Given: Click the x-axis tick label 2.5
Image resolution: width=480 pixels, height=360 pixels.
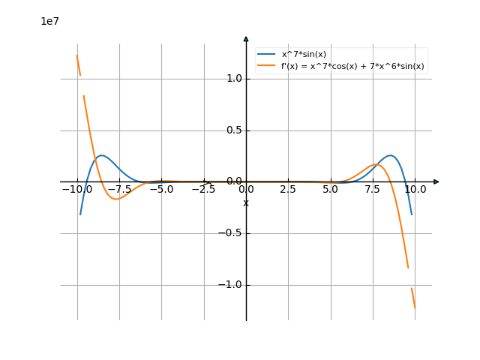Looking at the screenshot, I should pos(287,190).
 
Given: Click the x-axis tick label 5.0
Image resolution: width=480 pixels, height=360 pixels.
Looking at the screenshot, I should pos(330,190).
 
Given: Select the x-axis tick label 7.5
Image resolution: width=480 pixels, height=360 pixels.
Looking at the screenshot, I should pos(372,190).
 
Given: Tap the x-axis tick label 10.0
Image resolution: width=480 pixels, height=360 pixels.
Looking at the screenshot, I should pos(415,190).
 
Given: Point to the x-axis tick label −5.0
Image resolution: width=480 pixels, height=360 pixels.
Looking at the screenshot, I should pos(161,190).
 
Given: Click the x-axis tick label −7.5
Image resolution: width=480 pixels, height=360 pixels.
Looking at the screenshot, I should pos(119,190).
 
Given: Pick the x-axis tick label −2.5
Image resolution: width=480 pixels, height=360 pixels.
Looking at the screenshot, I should pos(203,190).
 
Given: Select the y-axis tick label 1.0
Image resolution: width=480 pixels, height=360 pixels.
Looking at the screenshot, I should pos(234,79).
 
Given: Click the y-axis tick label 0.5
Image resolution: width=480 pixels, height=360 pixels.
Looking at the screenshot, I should pos(234,130).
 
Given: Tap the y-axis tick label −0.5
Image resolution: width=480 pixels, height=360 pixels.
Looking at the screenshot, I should pos(231,233).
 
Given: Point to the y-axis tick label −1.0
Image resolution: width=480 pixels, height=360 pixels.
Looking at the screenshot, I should pos(231,285).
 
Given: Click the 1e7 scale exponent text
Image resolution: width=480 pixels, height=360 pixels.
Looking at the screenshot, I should pos(49,22).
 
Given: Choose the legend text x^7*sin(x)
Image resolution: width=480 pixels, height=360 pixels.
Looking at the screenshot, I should pos(304,54).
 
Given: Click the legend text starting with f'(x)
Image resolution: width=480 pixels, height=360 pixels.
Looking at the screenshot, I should pos(352,66).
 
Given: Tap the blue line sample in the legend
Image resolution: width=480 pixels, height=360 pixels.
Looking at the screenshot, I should pos(267,54).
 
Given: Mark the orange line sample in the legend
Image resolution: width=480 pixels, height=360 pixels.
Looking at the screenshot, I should pos(267,66).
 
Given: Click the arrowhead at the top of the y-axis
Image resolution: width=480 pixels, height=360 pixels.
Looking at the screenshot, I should pos(246,37).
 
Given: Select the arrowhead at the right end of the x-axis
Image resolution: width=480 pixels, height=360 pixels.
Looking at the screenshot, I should pos(436,181).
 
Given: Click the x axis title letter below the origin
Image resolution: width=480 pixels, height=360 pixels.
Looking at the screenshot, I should pos(246,203).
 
